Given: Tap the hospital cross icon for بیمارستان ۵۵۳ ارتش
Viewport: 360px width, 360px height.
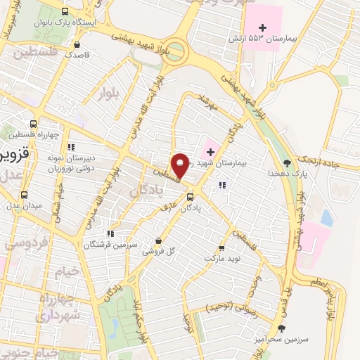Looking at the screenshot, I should click(x=262, y=27).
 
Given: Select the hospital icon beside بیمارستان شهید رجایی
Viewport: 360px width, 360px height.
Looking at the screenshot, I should click(x=209, y=150).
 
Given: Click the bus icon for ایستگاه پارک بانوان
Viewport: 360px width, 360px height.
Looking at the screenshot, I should click(x=65, y=13).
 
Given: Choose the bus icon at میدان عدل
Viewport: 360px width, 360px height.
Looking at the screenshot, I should click(x=25, y=195).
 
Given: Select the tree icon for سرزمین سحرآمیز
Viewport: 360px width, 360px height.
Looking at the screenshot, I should click(x=282, y=328).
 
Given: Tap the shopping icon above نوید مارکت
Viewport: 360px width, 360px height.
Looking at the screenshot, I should click(x=222, y=247).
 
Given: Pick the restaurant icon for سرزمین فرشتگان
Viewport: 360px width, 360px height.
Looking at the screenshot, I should click(x=110, y=233).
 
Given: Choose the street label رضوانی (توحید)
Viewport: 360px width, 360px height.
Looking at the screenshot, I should click(x=230, y=307).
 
